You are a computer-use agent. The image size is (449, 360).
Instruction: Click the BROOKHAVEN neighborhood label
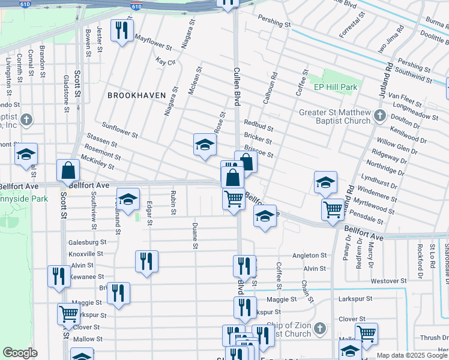click(133, 95)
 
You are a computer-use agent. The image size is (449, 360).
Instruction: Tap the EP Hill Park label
click(336, 87)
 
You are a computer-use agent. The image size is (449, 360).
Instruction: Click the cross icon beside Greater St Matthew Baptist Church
click(379, 115)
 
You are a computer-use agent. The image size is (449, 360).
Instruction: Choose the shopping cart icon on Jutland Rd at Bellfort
click(333, 210)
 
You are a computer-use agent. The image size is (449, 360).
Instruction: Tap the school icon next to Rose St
click(205, 145)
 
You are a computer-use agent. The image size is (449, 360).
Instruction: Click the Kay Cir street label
click(164, 62)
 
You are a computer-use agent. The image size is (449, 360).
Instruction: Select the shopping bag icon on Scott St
click(68, 171)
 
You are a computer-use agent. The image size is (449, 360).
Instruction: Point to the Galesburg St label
click(87, 242)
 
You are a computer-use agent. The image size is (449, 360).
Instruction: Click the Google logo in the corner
click(20, 353)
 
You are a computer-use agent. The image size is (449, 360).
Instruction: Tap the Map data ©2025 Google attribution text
click(412, 356)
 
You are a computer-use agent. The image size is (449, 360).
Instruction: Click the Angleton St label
click(309, 256)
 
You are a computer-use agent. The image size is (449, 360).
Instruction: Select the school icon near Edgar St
click(128, 199)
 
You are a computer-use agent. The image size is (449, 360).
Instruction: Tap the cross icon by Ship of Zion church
click(320, 328)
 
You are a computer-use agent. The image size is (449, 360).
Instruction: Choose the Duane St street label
click(194, 235)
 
